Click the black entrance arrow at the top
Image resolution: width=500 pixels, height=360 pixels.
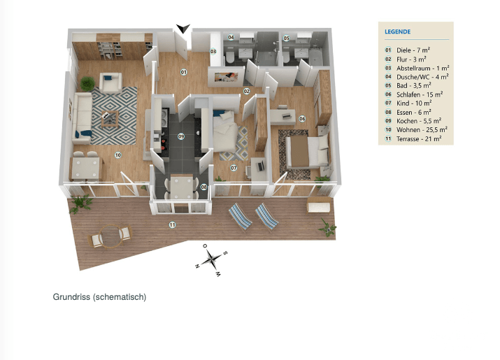tap(183, 28)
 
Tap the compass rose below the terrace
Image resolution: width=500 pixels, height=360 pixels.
tap(210, 259)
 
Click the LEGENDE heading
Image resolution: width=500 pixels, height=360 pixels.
tap(397, 31)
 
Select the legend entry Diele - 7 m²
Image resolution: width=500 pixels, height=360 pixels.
tap(413, 50)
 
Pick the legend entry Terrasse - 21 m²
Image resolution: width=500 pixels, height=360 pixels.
tap(418, 138)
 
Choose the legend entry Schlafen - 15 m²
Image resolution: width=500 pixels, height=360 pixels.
tap(418, 94)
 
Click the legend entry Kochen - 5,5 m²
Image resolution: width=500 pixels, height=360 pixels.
tap(418, 120)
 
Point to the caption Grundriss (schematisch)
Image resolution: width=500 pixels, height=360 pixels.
tap(99, 297)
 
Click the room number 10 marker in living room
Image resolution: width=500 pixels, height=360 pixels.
tap(117, 154)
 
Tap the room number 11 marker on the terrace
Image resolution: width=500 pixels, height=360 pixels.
tap(172, 224)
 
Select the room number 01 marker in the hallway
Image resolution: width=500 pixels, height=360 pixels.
tap(184, 72)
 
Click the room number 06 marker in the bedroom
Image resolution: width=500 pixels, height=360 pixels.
tap(302, 118)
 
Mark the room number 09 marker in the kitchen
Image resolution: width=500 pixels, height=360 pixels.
tap(180, 136)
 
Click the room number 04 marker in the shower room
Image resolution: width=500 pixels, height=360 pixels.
tap(231, 38)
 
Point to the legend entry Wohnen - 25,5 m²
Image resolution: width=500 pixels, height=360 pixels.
tap(418, 129)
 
